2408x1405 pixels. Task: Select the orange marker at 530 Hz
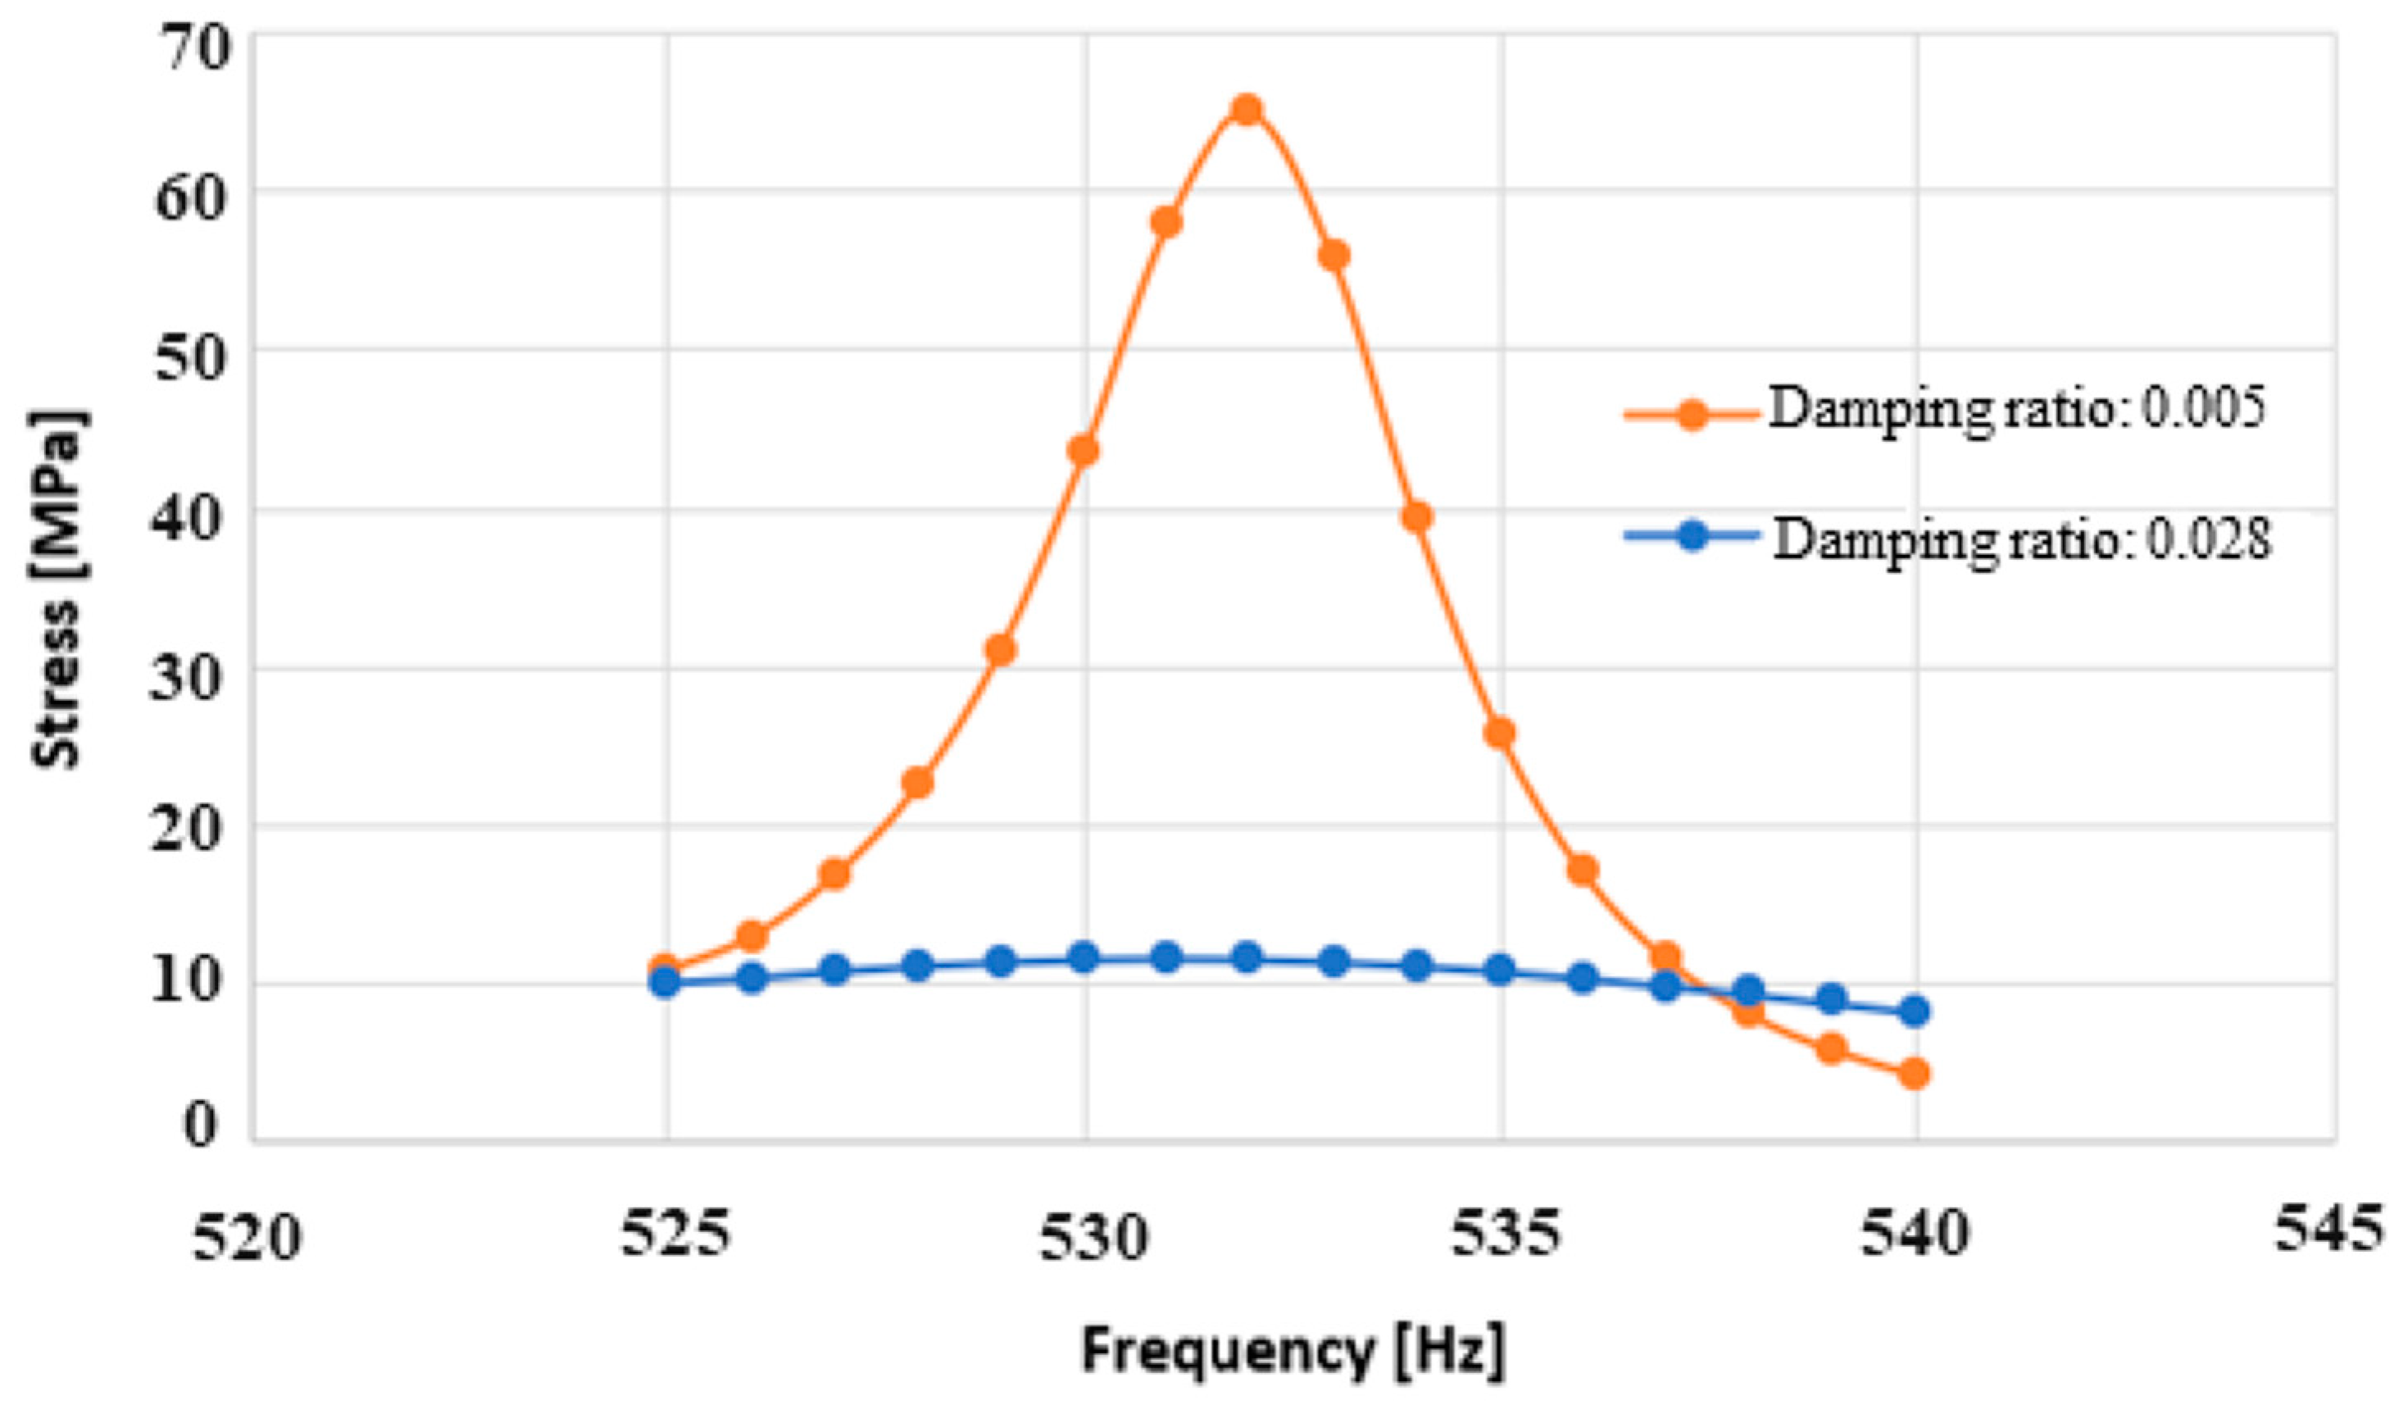(x=1084, y=450)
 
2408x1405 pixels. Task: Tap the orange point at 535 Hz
(x=1500, y=733)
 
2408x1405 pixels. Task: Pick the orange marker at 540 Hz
(x=1914, y=1073)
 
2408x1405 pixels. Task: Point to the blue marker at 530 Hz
(x=1084, y=957)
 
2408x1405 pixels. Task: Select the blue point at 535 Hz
(x=1500, y=970)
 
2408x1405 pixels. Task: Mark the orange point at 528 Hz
(x=917, y=783)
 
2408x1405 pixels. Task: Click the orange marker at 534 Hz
(x=1417, y=517)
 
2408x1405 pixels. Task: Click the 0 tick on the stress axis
(x=201, y=1126)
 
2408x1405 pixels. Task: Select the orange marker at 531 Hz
(x=1165, y=223)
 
